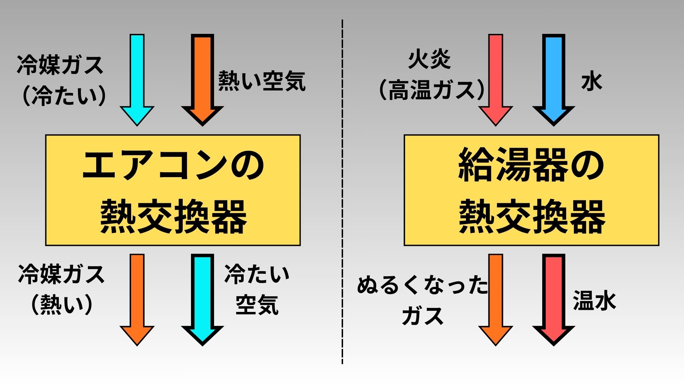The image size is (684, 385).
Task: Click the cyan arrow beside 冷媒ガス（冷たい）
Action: (x=137, y=78)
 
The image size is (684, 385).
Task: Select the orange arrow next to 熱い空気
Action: (x=202, y=78)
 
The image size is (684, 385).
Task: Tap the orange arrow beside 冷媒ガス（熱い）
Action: (x=137, y=298)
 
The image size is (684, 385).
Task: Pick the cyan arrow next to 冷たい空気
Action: (x=202, y=298)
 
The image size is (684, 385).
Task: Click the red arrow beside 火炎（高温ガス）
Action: (x=496, y=78)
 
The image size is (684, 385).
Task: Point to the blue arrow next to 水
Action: (x=554, y=78)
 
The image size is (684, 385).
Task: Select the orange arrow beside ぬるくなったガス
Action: (x=496, y=298)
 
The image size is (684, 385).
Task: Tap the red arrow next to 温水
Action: (x=554, y=298)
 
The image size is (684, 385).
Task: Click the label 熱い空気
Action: (x=262, y=81)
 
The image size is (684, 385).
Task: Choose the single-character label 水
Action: (x=592, y=82)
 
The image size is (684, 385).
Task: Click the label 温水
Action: (x=594, y=301)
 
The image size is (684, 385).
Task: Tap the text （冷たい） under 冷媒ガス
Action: (x=64, y=96)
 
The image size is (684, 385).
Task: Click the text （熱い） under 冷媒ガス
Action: (x=62, y=305)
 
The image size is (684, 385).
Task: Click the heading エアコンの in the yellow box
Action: (x=173, y=166)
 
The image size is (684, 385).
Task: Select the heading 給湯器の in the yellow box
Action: (x=531, y=166)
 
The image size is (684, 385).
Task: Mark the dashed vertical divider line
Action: (x=342, y=192)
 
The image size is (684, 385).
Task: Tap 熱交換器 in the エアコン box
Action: (x=173, y=216)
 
